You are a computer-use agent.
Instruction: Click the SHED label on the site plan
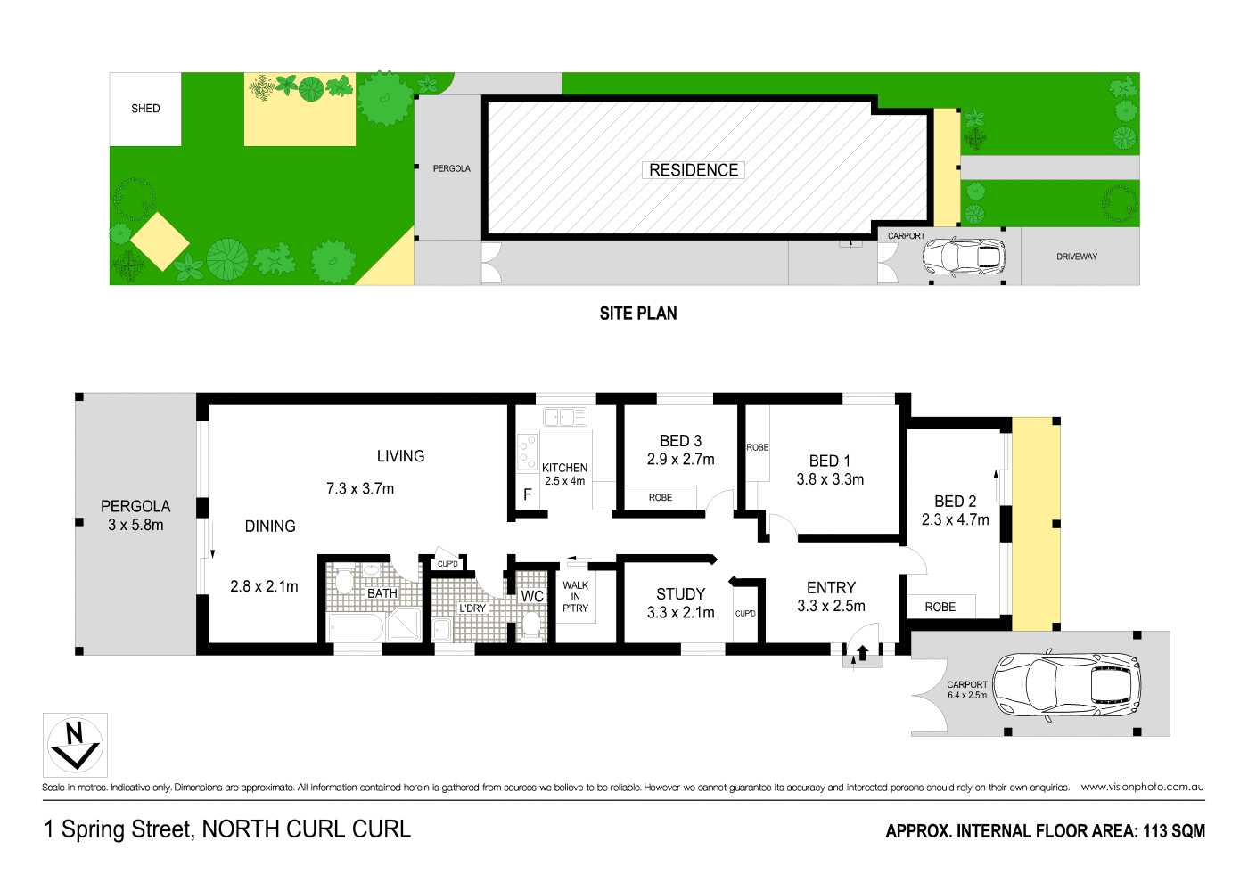point(145,109)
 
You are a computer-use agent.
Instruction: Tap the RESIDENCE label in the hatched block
point(694,170)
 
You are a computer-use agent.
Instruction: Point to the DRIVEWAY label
point(1077,257)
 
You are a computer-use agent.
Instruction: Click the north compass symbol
point(75,745)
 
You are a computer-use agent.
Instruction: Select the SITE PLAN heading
point(638,314)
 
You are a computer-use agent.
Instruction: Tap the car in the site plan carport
point(963,257)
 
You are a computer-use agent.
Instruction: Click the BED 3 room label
point(680,441)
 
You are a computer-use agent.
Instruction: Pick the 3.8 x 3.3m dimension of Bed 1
point(830,479)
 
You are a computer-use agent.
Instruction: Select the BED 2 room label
point(955,502)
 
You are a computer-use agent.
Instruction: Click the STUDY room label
point(680,594)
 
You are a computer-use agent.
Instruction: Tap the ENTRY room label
point(831,588)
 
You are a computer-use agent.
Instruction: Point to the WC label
point(532,596)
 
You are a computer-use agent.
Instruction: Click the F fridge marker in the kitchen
point(528,494)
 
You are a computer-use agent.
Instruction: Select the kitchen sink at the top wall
point(565,416)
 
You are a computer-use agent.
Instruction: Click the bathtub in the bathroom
point(357,627)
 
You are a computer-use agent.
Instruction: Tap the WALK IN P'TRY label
point(575,597)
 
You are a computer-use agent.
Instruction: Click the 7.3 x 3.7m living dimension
point(360,488)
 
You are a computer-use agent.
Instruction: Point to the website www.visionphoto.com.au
point(1142,787)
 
